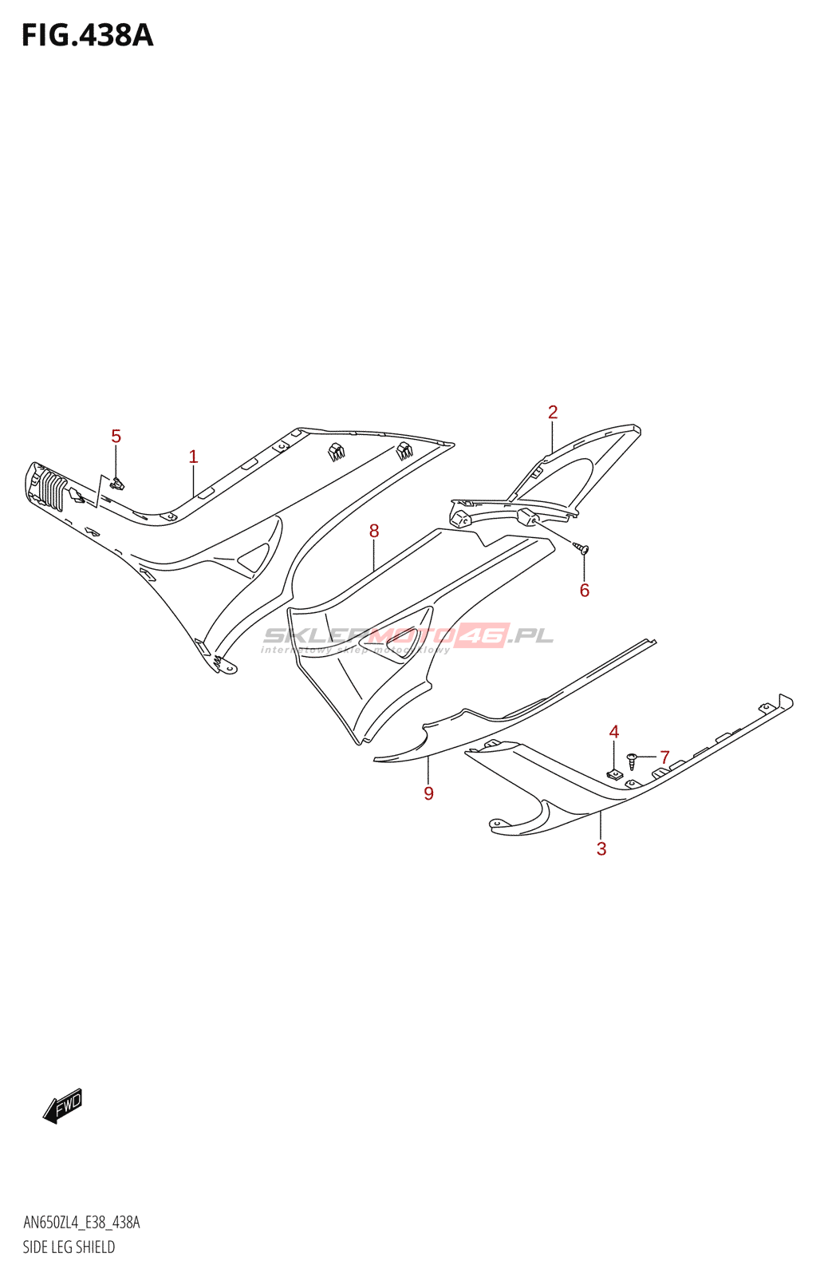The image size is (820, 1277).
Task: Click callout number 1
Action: [193, 457]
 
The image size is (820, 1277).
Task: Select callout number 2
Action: [553, 412]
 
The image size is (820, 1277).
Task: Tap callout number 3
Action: [601, 849]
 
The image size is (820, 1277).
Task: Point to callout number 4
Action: [614, 732]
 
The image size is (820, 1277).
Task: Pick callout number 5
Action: [116, 437]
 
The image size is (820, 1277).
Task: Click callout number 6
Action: [585, 591]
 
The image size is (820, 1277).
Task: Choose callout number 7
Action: [664, 757]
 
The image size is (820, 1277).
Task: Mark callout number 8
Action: [374, 531]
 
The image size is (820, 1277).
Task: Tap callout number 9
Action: [429, 793]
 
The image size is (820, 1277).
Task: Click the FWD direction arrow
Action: [63, 1106]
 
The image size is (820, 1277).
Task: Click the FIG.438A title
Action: [87, 36]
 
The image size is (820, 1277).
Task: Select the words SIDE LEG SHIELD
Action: [69, 1247]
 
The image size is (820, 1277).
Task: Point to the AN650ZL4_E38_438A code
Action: [81, 1223]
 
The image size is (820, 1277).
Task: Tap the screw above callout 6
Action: [582, 548]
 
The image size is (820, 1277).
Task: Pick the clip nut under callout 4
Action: [614, 773]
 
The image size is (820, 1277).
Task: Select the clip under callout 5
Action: [118, 483]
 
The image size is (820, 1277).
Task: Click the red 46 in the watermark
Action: [483, 635]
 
